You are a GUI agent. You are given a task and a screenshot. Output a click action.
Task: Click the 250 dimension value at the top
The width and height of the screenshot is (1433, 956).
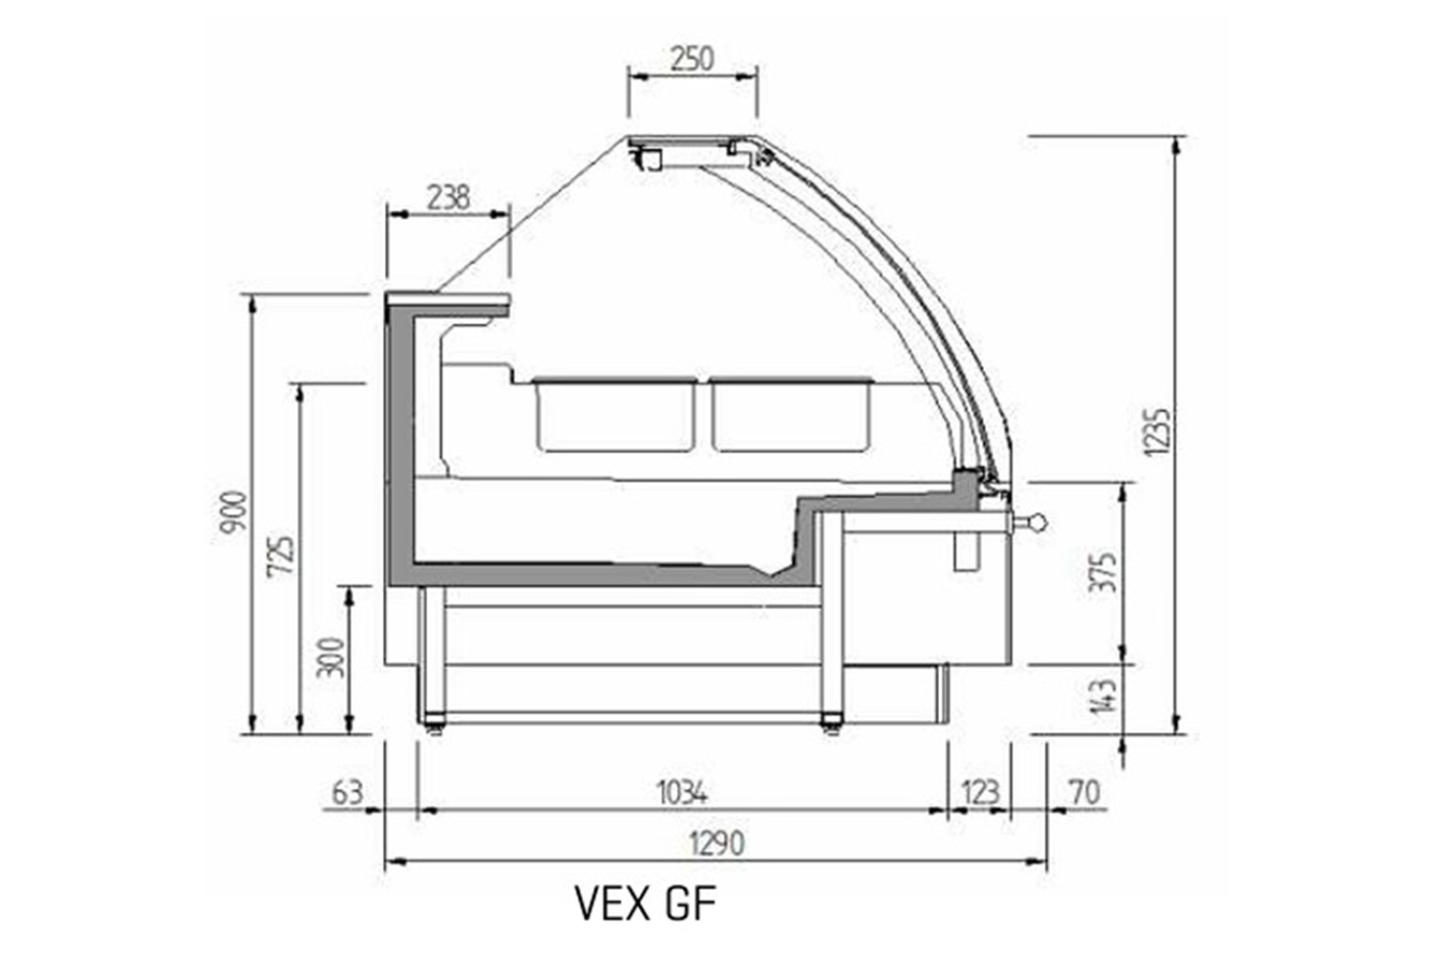point(693,59)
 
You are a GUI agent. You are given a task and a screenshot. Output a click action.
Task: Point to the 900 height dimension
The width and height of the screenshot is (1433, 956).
point(233,511)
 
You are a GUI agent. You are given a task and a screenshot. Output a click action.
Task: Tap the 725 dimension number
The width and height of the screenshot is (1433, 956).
point(282,555)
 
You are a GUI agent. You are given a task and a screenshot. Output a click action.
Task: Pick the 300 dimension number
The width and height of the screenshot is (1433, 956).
point(331,657)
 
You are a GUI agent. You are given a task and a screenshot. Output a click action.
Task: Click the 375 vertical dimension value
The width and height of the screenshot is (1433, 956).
point(1104,572)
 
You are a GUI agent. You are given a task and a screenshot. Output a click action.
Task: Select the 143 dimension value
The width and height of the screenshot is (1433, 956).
point(1104,696)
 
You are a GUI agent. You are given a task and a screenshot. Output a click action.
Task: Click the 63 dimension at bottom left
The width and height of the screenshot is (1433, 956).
point(348,793)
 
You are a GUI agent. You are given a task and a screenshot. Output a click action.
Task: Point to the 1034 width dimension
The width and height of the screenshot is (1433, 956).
point(683,793)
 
